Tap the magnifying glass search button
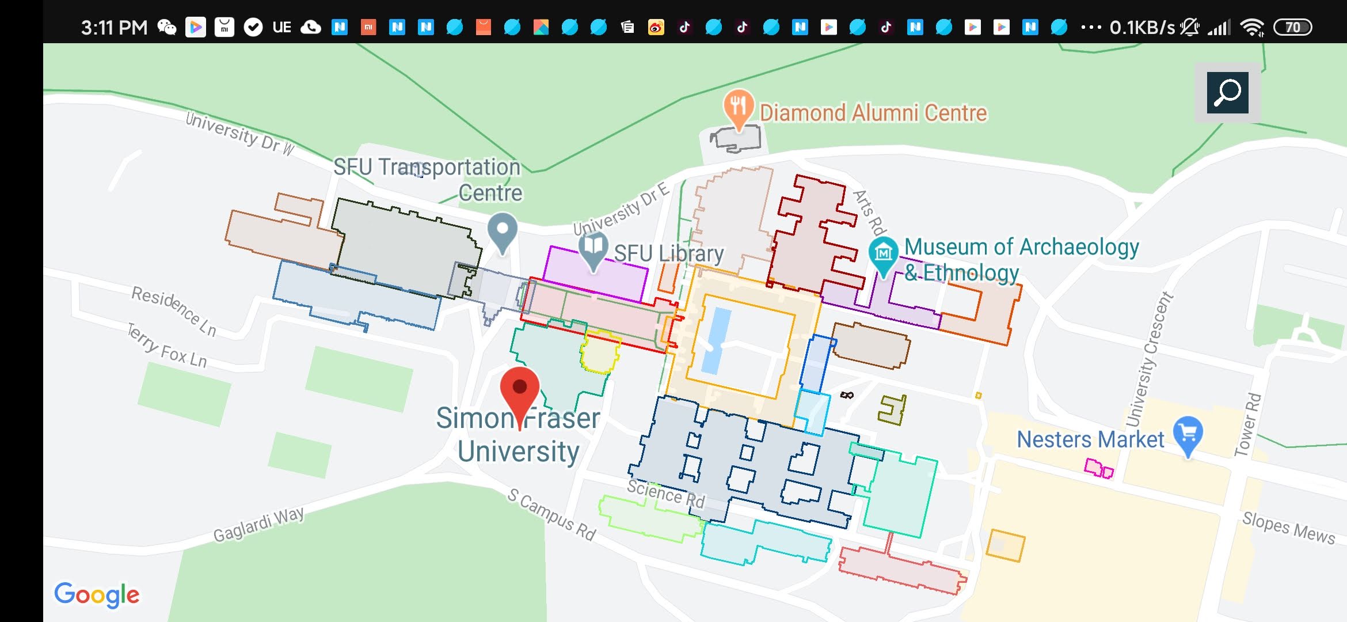tap(1227, 93)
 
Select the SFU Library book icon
tap(593, 248)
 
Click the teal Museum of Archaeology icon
tap(883, 253)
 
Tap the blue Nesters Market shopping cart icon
tap(1188, 433)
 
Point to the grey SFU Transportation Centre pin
tap(502, 230)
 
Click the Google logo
tap(97, 595)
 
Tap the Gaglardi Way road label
tap(258, 525)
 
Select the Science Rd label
tap(665, 494)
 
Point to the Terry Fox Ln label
tap(167, 346)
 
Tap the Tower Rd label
tap(1248, 424)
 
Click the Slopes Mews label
tap(1288, 528)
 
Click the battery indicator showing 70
tap(1292, 27)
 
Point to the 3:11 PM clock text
tap(114, 27)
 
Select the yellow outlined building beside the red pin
tap(600, 351)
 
